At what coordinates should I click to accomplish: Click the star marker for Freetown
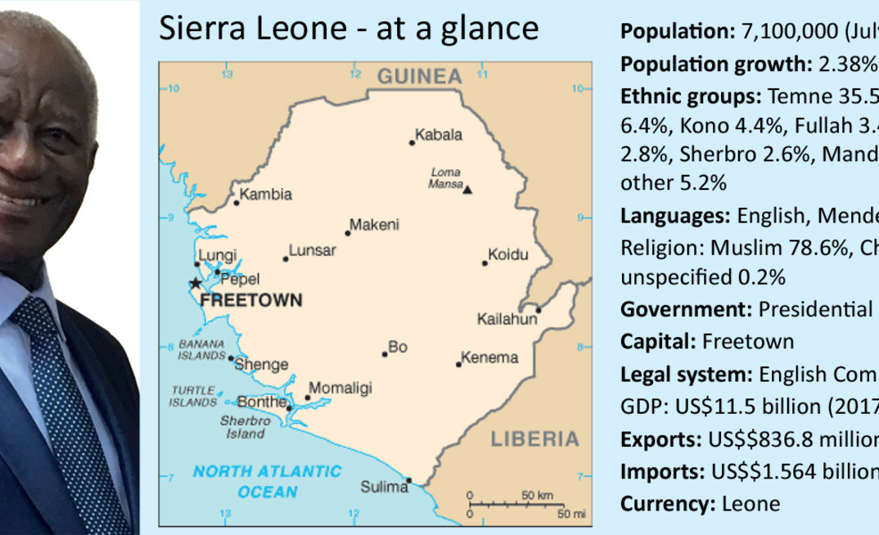click(x=195, y=283)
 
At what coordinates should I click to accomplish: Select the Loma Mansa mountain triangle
click(x=468, y=190)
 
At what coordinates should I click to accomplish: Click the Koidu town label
click(x=507, y=254)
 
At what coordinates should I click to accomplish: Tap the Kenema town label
click(x=489, y=357)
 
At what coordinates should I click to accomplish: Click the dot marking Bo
click(x=384, y=354)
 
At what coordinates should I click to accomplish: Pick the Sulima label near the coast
click(x=384, y=488)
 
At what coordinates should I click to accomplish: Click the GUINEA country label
click(x=419, y=77)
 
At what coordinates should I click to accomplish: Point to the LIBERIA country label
click(x=534, y=439)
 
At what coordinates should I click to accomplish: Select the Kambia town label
click(x=266, y=195)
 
